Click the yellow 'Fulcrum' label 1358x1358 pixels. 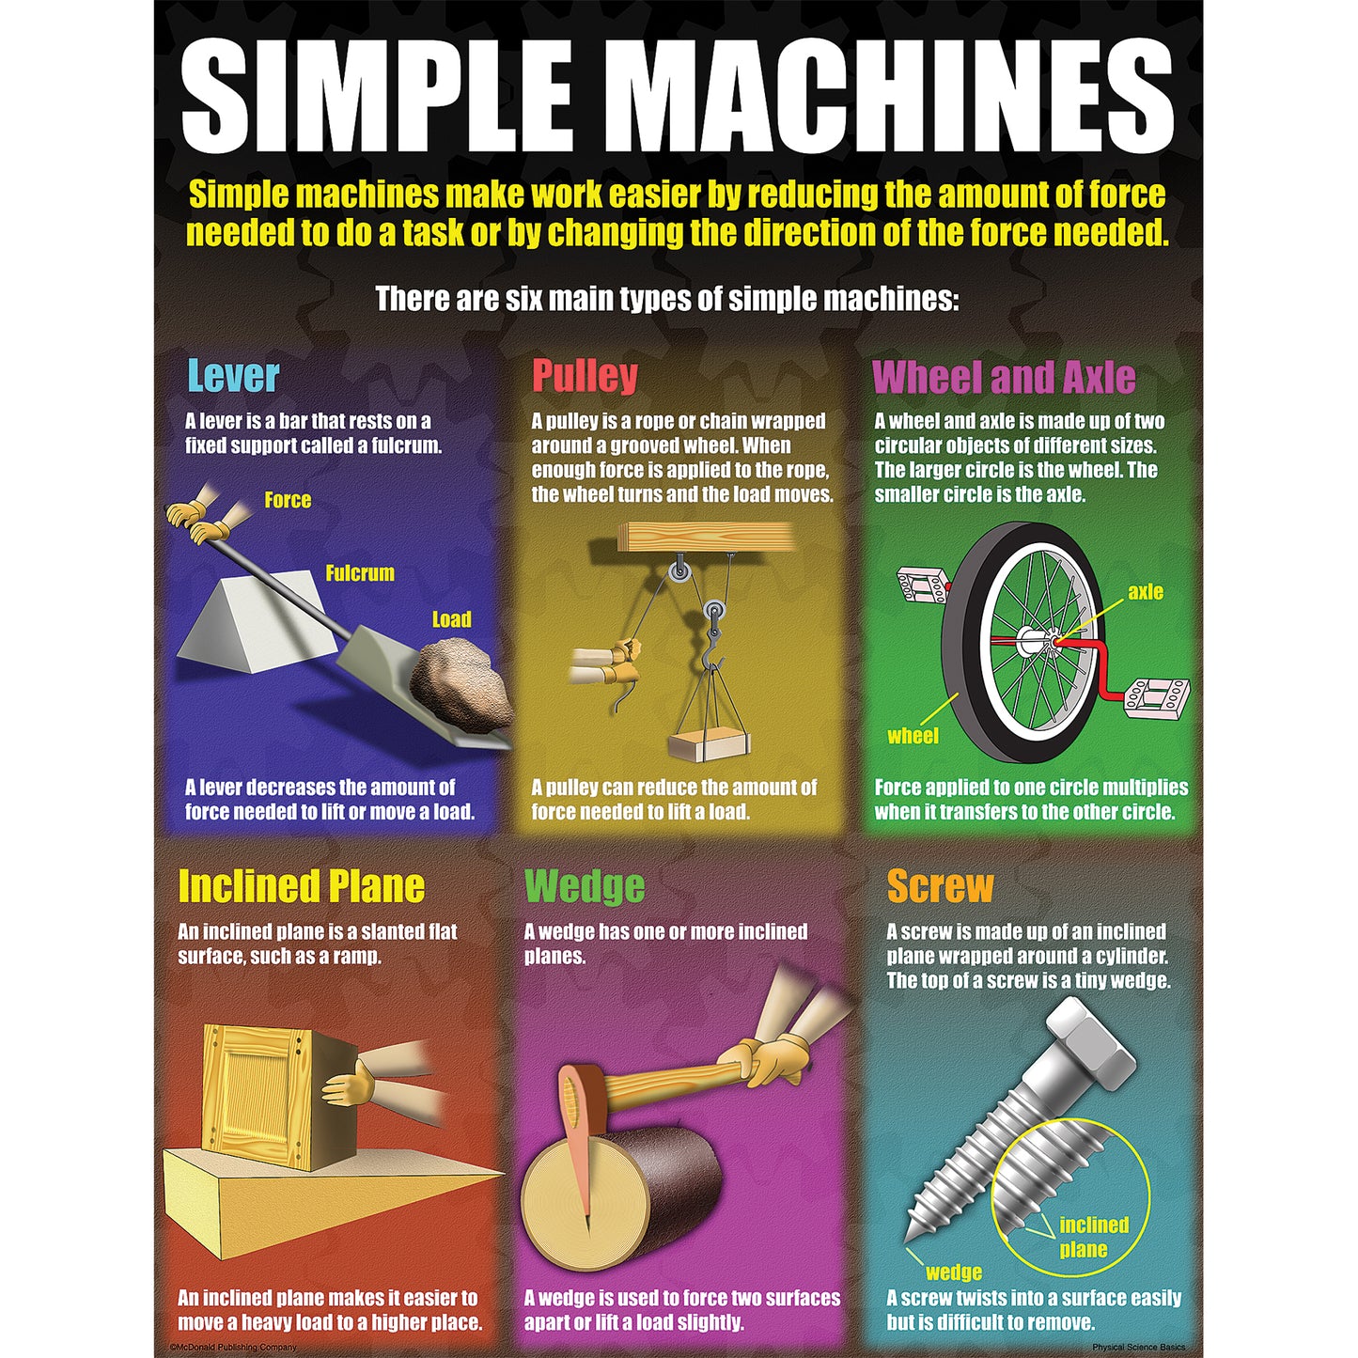[x=359, y=573]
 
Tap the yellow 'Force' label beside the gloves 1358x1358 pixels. [x=288, y=500]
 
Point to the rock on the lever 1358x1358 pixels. [x=460, y=683]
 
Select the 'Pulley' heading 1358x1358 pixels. [x=585, y=376]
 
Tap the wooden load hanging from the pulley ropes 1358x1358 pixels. [x=709, y=746]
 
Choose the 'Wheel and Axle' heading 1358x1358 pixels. [x=1004, y=376]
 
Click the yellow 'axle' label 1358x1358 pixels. [x=1146, y=591]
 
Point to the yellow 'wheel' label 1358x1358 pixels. [x=913, y=736]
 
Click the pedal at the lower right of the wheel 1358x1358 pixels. [x=1157, y=697]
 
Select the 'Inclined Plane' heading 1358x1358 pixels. [x=302, y=886]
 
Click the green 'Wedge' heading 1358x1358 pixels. [x=585, y=886]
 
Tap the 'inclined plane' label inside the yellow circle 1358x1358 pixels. [x=1093, y=1237]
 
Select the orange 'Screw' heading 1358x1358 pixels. [x=940, y=886]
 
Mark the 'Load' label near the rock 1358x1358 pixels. [x=451, y=619]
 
